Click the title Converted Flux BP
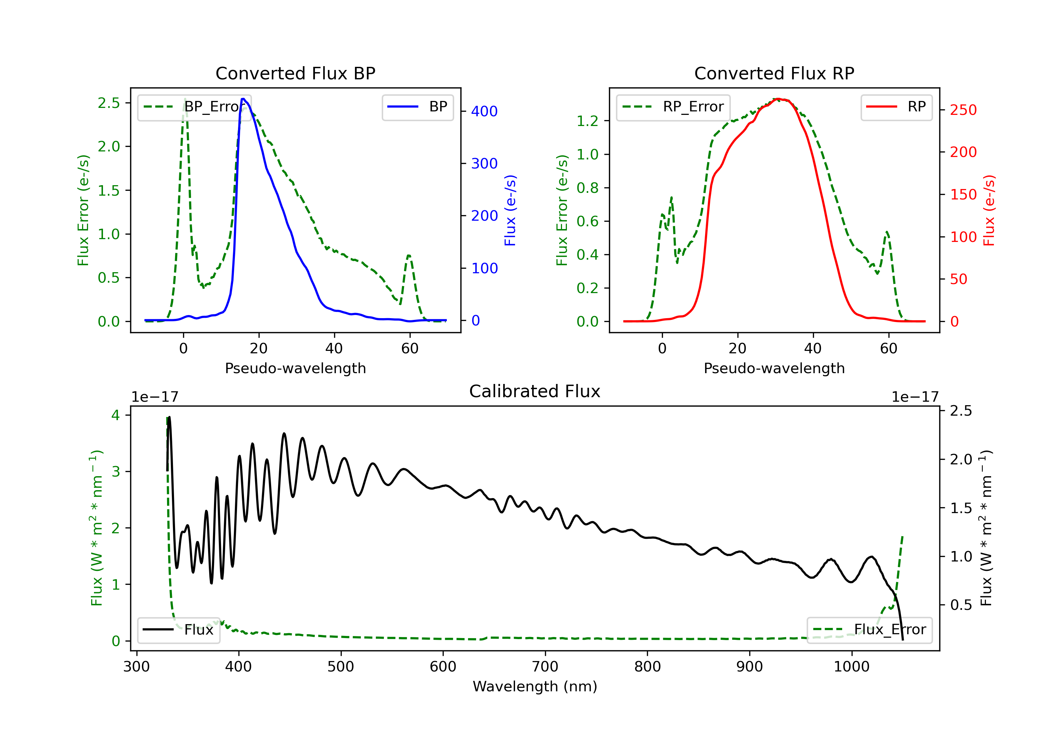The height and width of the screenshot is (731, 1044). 295,73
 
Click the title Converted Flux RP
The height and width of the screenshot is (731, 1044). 774,73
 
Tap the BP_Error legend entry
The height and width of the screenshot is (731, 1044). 194,107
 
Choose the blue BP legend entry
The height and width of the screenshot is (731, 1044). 417,107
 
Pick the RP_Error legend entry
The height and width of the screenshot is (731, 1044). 673,107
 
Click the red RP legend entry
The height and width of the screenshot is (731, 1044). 896,107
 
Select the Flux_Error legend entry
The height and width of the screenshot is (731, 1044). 869,630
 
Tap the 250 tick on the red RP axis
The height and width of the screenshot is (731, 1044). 963,110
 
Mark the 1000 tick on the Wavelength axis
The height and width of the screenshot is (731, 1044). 851,666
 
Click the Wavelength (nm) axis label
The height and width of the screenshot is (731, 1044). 535,686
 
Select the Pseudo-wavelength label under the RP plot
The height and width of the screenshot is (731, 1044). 774,368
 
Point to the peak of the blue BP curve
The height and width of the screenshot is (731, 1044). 243,99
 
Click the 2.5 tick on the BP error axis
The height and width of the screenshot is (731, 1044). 108,103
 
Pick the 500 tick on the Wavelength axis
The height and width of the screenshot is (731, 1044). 341,666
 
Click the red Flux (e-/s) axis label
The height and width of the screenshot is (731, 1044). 989,210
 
